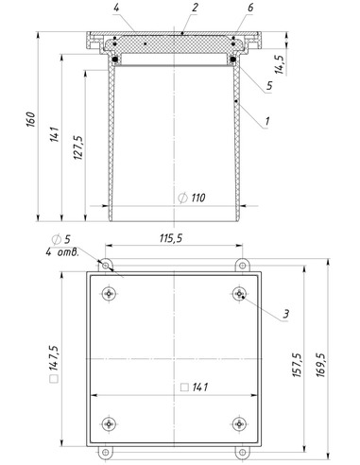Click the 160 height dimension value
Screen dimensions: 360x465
pos(31,119)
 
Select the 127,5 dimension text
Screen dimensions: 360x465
pos(78,147)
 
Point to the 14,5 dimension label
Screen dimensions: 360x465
pos(280,64)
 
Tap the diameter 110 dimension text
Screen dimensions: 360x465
pos(192,198)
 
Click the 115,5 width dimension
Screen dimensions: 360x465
pos(171,238)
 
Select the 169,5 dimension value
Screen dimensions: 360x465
pos(320,365)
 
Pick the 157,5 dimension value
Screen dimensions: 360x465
pos(297,365)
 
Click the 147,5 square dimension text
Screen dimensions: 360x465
pos(54,364)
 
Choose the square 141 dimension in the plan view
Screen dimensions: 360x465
pos(195,387)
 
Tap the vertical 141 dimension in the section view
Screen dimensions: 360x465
pos(55,134)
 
